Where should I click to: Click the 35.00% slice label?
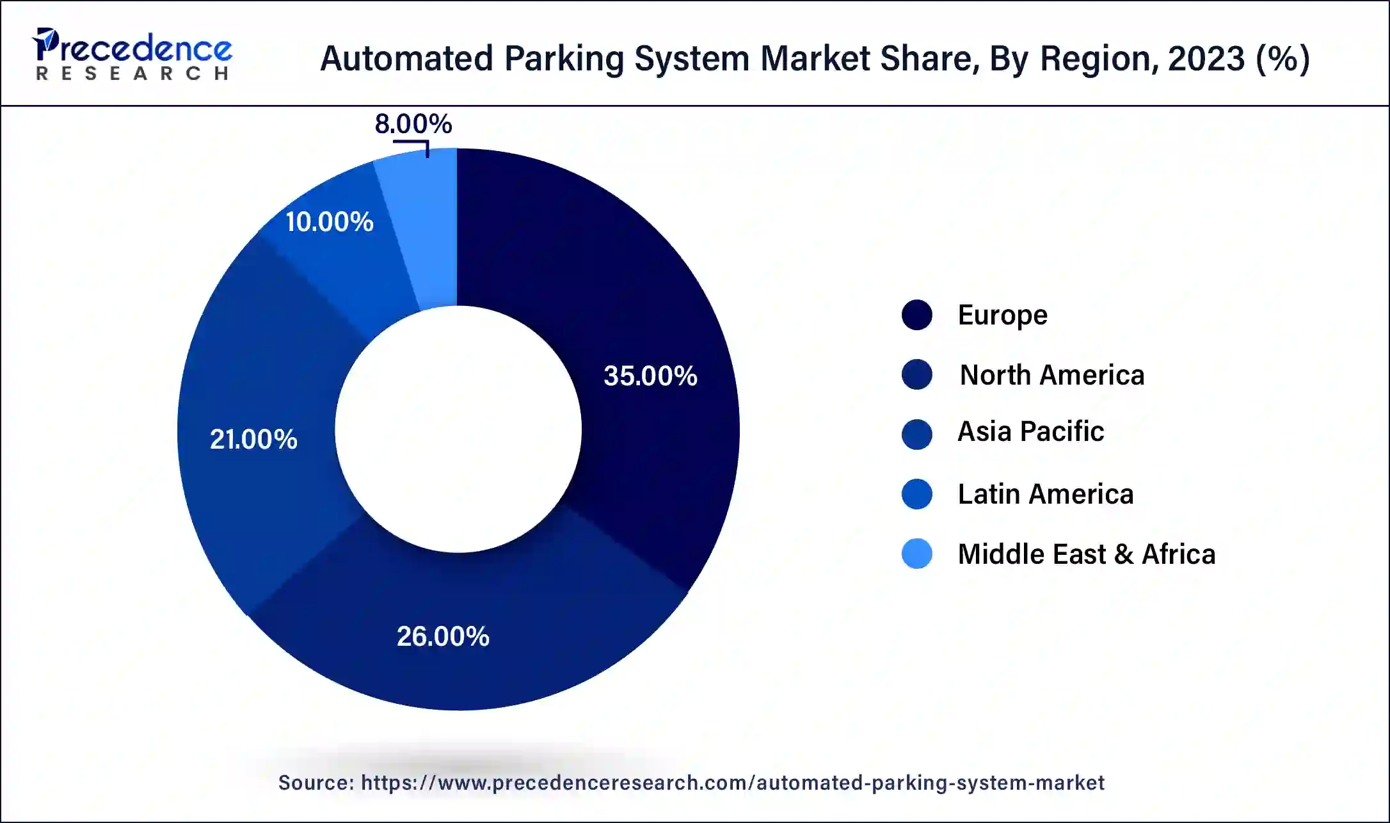coord(650,376)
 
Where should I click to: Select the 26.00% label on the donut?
coord(443,636)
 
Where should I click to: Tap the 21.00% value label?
coord(253,439)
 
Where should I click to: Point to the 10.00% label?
coord(329,222)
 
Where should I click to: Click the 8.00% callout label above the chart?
coord(413,124)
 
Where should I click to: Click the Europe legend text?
coord(1002,315)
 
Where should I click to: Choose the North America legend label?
coord(1051,374)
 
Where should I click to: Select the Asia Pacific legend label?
coord(1030,431)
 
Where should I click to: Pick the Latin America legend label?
coord(1045,494)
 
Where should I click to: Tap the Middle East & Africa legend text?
coord(1086,554)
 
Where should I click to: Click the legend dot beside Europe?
coord(916,315)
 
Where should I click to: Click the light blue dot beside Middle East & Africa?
coord(916,554)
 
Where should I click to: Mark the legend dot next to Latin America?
coord(916,494)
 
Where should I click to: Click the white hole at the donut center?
coord(458,429)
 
